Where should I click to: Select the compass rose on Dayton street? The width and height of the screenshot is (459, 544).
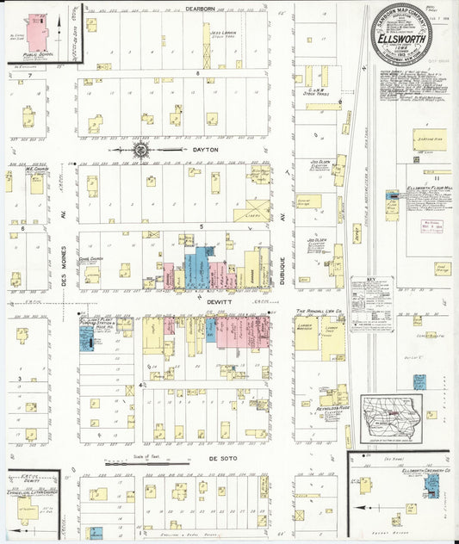(140, 150)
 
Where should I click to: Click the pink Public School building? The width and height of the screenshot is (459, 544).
(37, 34)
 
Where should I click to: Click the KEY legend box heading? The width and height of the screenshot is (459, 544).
(371, 281)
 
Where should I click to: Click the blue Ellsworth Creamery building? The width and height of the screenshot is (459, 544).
(431, 488)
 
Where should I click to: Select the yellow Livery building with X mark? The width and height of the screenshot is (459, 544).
(251, 212)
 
